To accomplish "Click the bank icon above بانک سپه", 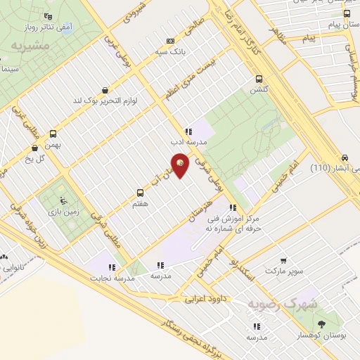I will click(169, 41).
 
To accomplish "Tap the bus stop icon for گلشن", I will click(259, 79).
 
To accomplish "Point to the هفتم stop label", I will click(139, 202).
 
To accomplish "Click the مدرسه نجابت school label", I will click(111, 277).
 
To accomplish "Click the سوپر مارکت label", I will click(282, 271).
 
